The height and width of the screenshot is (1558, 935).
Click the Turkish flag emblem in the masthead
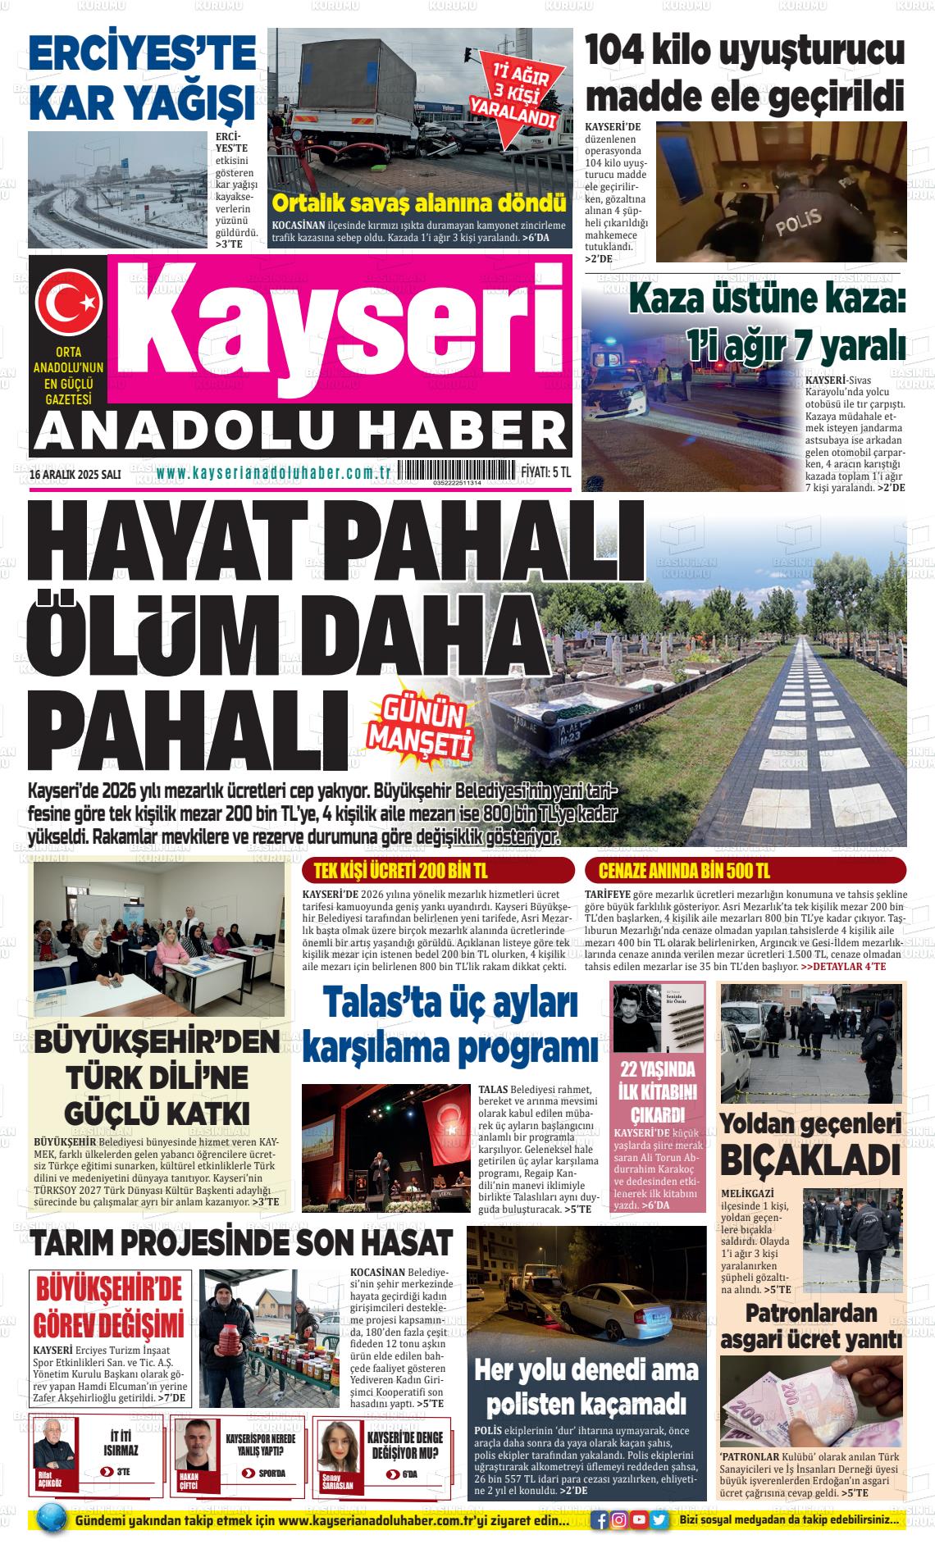[x=67, y=303]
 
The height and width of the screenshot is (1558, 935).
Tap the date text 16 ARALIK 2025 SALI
[x=75, y=474]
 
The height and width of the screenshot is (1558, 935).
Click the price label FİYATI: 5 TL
[x=545, y=473]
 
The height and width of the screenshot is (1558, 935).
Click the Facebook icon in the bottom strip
[x=601, y=1520]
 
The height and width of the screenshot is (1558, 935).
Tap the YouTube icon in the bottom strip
[x=639, y=1520]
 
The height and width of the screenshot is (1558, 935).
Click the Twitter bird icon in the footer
[x=658, y=1520]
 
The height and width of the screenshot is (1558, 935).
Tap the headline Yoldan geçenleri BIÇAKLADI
[x=810, y=1146]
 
